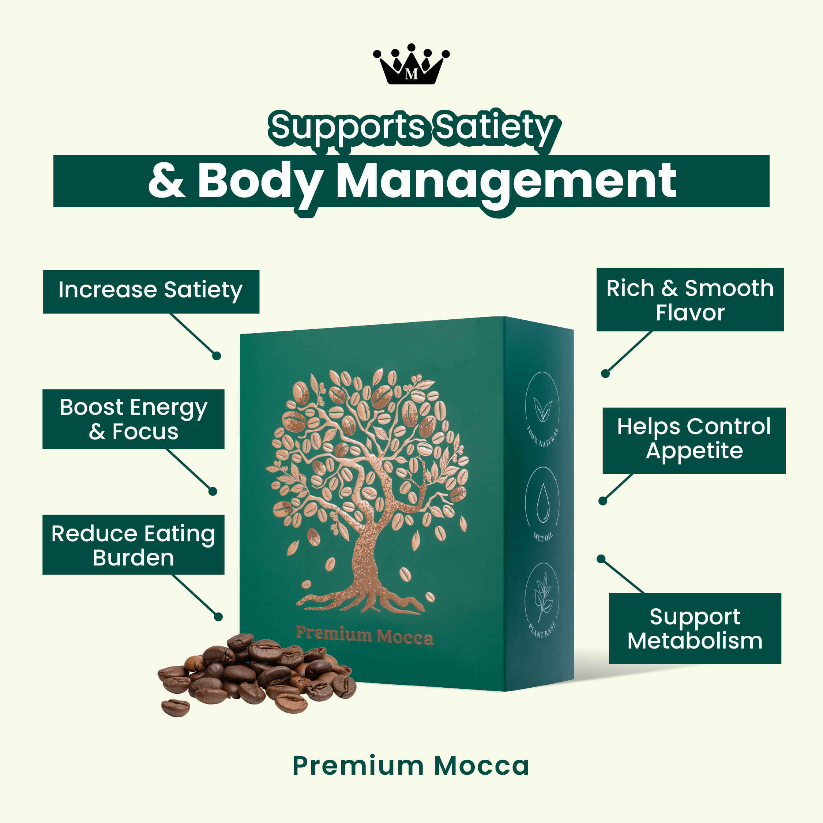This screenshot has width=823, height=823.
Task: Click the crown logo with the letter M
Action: coord(411,64)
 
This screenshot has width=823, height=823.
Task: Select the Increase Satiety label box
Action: coord(151,292)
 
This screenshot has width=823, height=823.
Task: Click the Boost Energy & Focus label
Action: coord(134,419)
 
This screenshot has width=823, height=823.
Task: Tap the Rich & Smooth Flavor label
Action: coord(690,300)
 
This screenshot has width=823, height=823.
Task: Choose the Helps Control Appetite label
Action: coord(694,440)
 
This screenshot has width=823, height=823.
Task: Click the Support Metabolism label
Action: coord(695,628)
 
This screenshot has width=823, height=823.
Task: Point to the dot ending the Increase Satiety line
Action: coord(217,356)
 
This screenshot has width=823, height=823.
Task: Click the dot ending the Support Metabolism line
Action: coord(601,559)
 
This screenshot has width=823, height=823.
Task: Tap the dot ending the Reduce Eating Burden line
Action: coord(218,616)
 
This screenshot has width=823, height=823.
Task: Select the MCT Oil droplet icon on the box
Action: coord(543,502)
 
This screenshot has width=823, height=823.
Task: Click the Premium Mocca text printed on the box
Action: coord(365,635)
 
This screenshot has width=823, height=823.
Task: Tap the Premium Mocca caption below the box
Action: coord(411,766)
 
